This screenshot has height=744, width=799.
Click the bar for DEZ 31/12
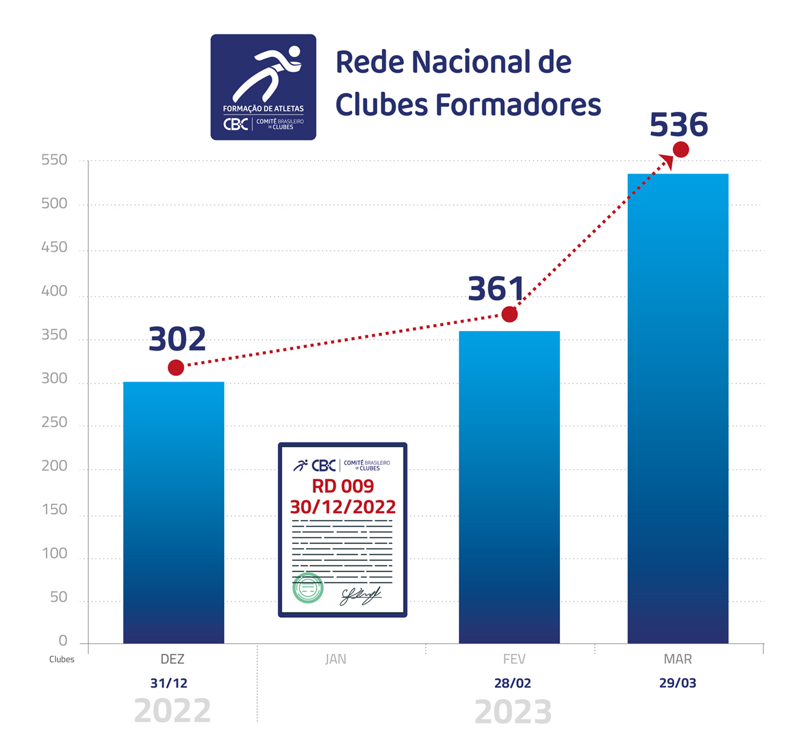[x=174, y=512]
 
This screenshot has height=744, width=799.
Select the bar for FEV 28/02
[x=509, y=487]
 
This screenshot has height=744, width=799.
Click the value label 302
[x=177, y=340]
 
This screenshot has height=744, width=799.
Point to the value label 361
[x=496, y=289]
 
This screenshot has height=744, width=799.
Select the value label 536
[x=679, y=125]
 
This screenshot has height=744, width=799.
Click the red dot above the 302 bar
[x=176, y=368]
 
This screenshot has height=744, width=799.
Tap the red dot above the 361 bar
[x=509, y=314]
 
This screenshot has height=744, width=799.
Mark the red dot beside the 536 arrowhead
[x=681, y=150]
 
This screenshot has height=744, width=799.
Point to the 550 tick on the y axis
[x=54, y=160]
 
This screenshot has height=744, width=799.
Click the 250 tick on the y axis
[x=54, y=422]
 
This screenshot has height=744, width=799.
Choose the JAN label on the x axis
[x=336, y=659]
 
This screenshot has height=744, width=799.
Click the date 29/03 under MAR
[x=678, y=683]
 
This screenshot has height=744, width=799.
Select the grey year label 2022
[x=172, y=711]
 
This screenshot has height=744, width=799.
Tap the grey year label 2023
[x=513, y=712]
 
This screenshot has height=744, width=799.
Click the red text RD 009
[x=343, y=486]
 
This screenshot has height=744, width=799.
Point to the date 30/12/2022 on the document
[x=343, y=507]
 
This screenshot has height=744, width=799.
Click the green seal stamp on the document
[x=308, y=587]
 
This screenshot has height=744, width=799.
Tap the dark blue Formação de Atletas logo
[x=263, y=87]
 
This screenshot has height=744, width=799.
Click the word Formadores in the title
[x=518, y=104]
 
